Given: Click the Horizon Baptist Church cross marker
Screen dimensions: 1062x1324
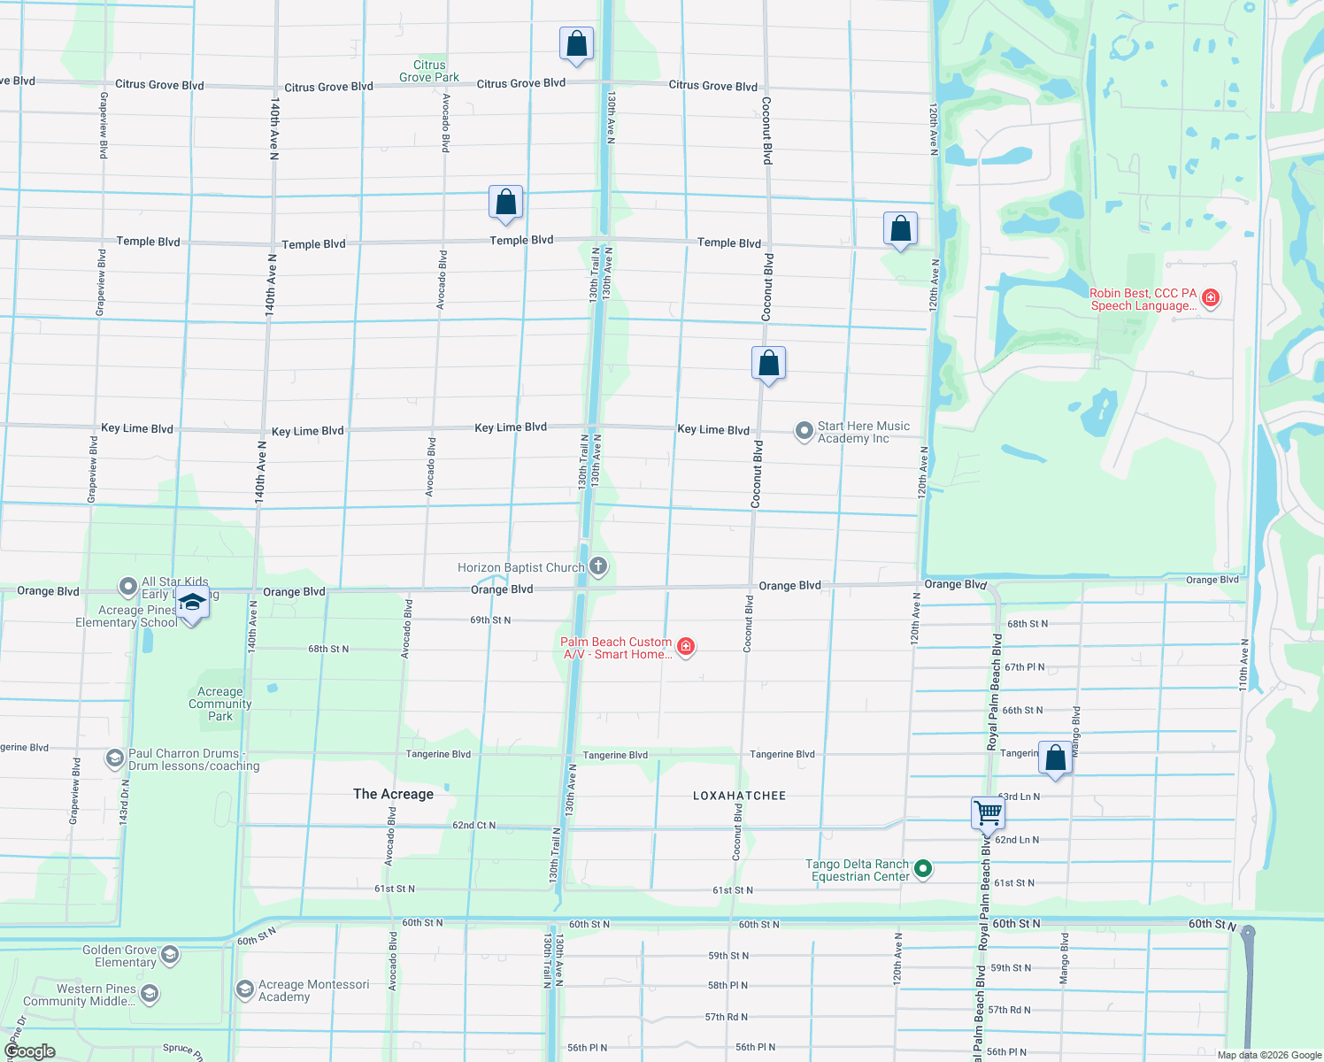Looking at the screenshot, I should [x=598, y=566].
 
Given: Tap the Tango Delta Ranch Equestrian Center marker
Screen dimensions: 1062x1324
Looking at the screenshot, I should [x=923, y=869].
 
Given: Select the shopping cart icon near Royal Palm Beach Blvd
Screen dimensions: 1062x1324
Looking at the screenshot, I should [x=988, y=812].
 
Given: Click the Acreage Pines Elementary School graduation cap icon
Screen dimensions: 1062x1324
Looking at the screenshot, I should [x=192, y=604].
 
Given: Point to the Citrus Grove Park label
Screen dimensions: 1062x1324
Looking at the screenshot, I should [x=429, y=71].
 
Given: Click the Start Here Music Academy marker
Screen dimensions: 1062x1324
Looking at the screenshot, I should [x=804, y=431].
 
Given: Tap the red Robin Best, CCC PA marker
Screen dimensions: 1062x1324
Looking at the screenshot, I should [x=1211, y=298].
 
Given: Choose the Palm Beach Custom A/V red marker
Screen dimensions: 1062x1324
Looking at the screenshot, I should [x=686, y=647].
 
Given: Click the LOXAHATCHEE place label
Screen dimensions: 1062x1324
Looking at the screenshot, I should [x=739, y=796].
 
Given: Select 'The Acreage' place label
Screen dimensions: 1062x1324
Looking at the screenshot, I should [x=393, y=794].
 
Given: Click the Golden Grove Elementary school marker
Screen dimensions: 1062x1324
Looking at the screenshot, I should [x=170, y=955].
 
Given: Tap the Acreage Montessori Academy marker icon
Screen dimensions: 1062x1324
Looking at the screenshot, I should [x=245, y=989].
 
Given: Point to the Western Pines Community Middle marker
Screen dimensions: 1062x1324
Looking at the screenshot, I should [x=150, y=994].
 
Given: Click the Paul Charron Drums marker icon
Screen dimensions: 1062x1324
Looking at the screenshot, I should [x=114, y=758].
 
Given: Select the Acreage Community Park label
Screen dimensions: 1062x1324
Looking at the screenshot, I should [x=219, y=704].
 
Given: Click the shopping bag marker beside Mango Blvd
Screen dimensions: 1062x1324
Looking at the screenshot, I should [x=1055, y=758].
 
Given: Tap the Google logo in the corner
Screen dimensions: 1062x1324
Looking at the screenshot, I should [x=29, y=1051].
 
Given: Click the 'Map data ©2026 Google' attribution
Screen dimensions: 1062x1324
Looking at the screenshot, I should [x=1268, y=1055].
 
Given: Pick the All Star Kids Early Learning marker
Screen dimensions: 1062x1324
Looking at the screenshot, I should [x=128, y=587].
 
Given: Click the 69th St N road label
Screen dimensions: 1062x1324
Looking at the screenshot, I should [x=490, y=620].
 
